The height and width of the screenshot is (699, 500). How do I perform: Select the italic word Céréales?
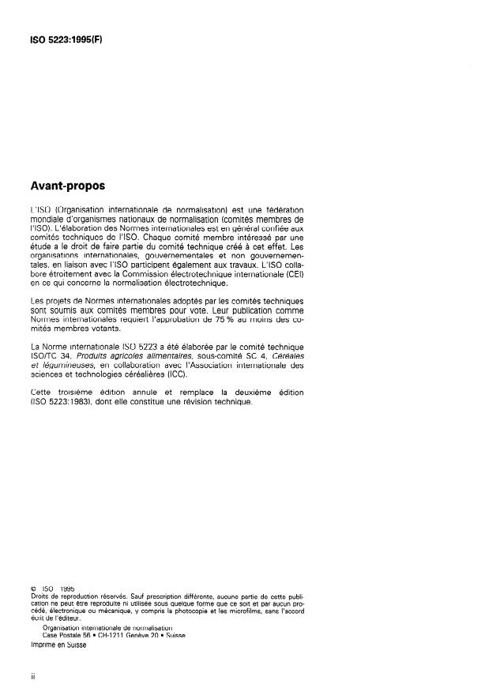coord(287,356)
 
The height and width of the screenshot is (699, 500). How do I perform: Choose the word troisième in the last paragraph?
coord(77,393)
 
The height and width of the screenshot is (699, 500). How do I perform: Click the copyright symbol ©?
coord(34,588)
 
